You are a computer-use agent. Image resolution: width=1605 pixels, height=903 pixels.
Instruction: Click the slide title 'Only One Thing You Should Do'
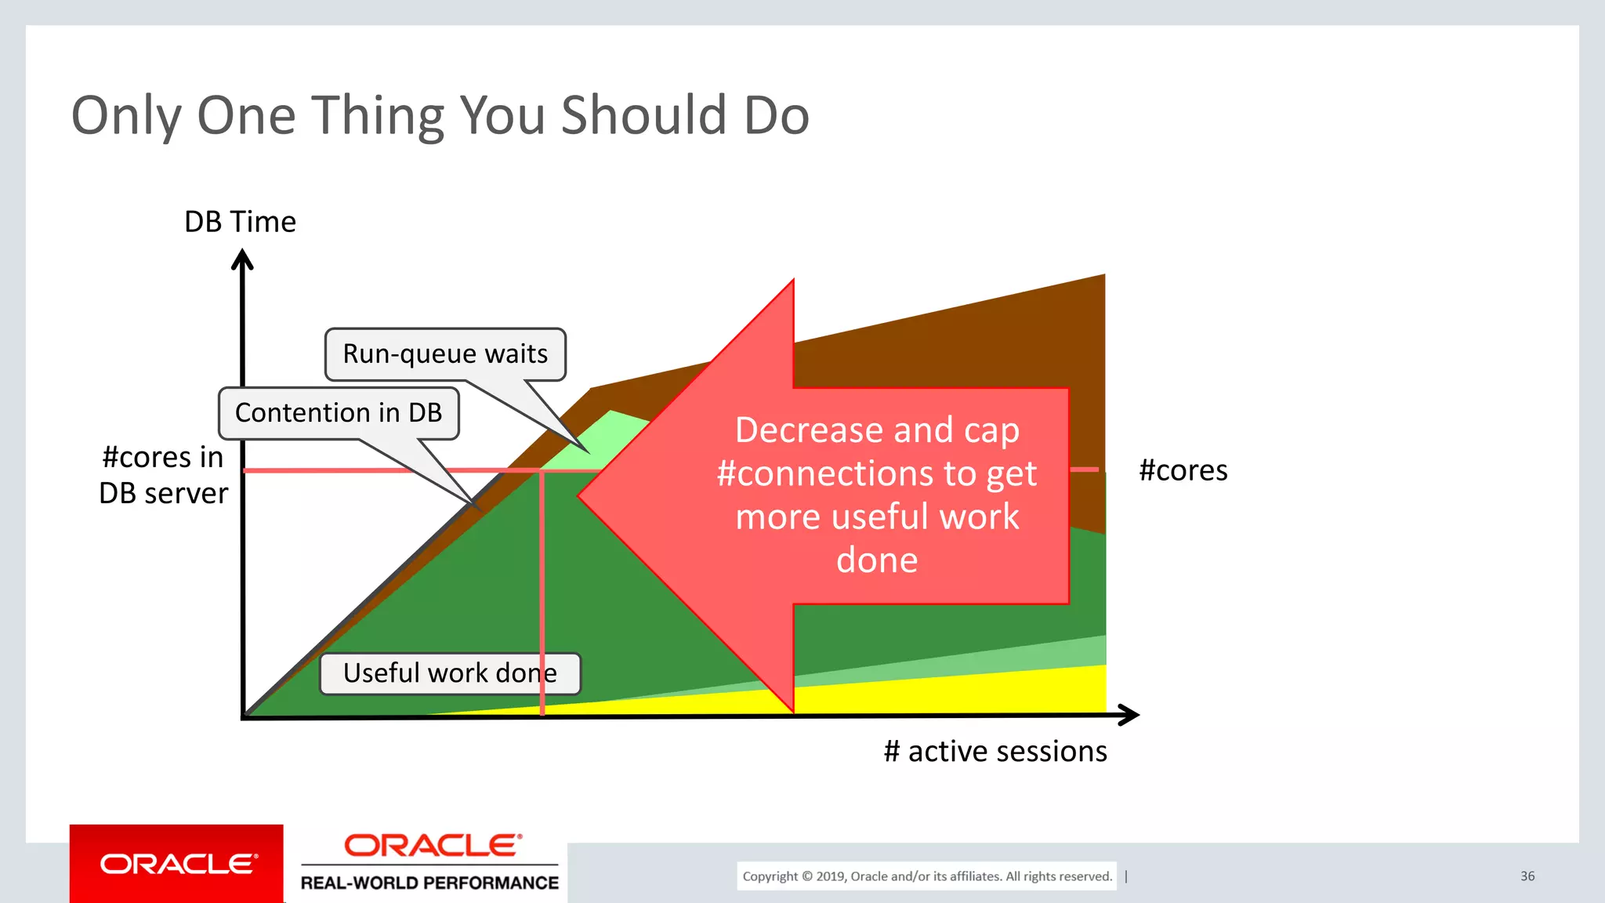coord(440,115)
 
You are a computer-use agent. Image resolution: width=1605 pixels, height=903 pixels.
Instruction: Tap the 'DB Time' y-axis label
coord(240,222)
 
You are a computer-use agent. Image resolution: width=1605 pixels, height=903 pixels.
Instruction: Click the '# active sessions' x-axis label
coord(995,751)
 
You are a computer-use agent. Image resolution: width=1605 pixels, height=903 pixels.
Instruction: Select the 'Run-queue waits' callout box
coord(445,354)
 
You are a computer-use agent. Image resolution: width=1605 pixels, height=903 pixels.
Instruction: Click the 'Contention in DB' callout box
coord(339,412)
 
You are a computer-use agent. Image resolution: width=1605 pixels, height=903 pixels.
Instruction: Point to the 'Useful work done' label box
coord(449,673)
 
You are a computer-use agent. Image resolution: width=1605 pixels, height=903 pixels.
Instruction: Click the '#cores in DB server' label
coord(163,475)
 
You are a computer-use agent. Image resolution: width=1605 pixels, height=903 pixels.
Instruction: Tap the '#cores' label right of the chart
coord(1183,470)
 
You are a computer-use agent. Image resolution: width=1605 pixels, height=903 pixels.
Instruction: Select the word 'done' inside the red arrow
coord(876,560)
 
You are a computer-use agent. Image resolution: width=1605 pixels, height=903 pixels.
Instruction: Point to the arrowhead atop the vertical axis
coord(242,259)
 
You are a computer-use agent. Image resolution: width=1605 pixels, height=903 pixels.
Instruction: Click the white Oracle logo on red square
coord(177,864)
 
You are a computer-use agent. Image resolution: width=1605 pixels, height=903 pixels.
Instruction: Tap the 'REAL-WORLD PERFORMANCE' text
coord(429,883)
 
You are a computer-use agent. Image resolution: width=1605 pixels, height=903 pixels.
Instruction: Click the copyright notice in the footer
coord(926,876)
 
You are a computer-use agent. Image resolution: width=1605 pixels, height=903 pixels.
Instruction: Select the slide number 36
coord(1527,876)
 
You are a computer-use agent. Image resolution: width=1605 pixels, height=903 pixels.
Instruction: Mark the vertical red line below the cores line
coord(542,596)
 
